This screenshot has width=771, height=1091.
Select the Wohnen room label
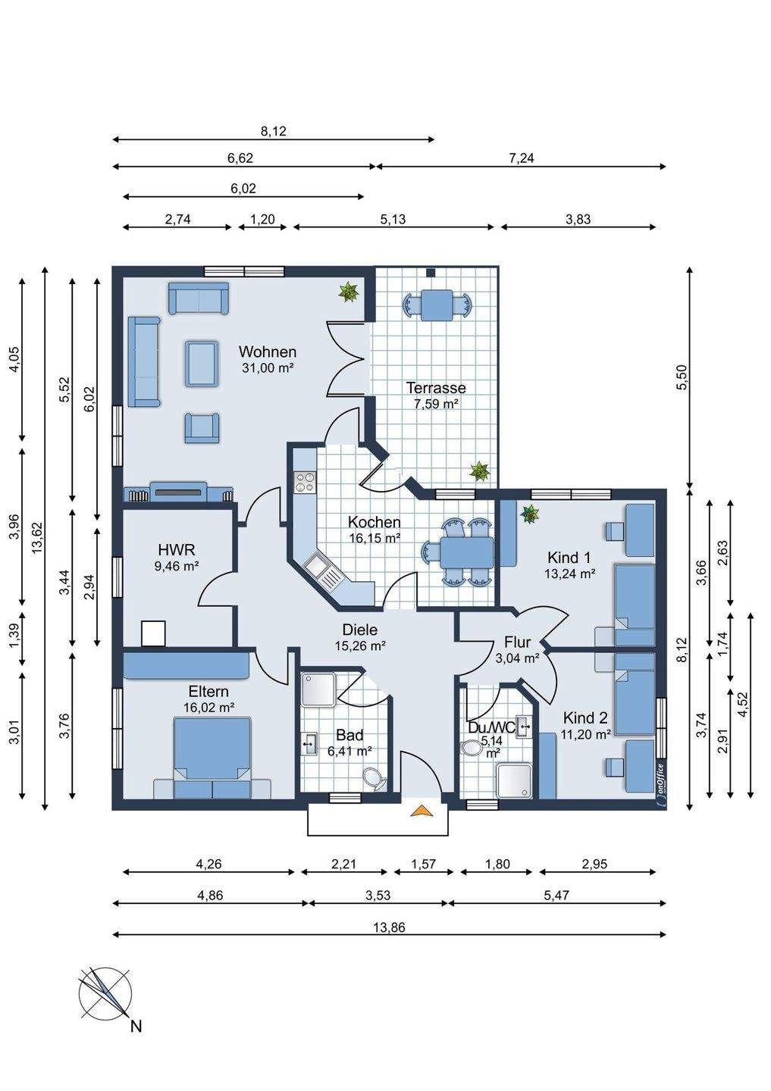[x=267, y=352]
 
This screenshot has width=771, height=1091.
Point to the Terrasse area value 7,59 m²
[x=436, y=404]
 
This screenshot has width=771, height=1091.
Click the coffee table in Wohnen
[x=202, y=364]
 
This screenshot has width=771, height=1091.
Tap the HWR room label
[x=177, y=550]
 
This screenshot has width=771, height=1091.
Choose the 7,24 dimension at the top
[x=521, y=158]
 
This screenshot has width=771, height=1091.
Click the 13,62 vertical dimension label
[x=38, y=538]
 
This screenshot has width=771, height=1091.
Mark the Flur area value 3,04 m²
[x=517, y=658]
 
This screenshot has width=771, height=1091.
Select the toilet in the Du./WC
[x=472, y=748]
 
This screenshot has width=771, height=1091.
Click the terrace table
[x=437, y=305]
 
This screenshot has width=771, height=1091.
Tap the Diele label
[x=359, y=630]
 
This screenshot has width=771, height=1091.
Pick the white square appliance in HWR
[x=153, y=633]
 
